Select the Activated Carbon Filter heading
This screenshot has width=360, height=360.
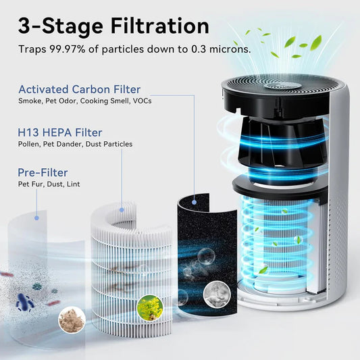pos(80,89)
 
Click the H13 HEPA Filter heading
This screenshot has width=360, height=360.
pos(60,132)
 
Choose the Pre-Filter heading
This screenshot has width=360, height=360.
pos(43,172)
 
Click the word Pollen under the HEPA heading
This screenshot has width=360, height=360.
pos(29,144)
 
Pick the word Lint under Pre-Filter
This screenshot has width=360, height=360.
pos(71,184)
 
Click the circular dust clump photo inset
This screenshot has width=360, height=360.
pos(72,317)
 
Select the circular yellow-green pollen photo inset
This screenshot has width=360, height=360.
pos(149,308)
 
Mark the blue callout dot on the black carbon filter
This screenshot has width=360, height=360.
pos(195,200)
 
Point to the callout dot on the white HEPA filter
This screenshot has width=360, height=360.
pos(122,209)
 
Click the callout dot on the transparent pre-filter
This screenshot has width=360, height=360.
pos(36,217)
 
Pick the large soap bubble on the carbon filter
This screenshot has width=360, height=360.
pos(205,257)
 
